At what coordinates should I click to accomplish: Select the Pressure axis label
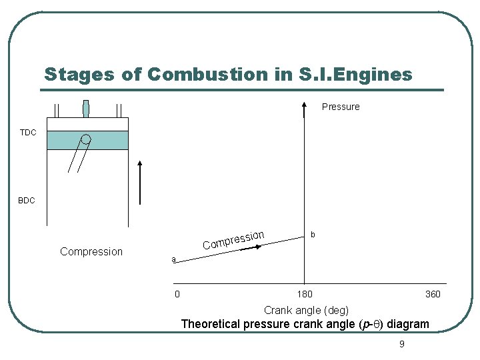tap(341, 107)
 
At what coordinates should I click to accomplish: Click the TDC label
tap(28, 133)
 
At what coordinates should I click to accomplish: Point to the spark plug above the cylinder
tap(85, 109)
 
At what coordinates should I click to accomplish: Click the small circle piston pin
tap(86, 139)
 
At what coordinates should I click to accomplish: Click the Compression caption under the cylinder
tap(91, 251)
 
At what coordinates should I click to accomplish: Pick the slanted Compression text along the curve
tap(234, 240)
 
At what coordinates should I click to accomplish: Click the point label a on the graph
tap(173, 259)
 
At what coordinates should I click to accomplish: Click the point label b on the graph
tap(313, 235)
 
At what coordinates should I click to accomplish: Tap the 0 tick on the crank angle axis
tap(177, 294)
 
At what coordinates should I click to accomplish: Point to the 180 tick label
tap(305, 294)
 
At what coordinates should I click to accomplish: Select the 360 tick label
tap(433, 294)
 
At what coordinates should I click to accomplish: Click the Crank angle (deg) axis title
tap(306, 310)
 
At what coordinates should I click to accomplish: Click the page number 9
tap(401, 344)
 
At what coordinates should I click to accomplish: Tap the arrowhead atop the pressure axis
tap(304, 105)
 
